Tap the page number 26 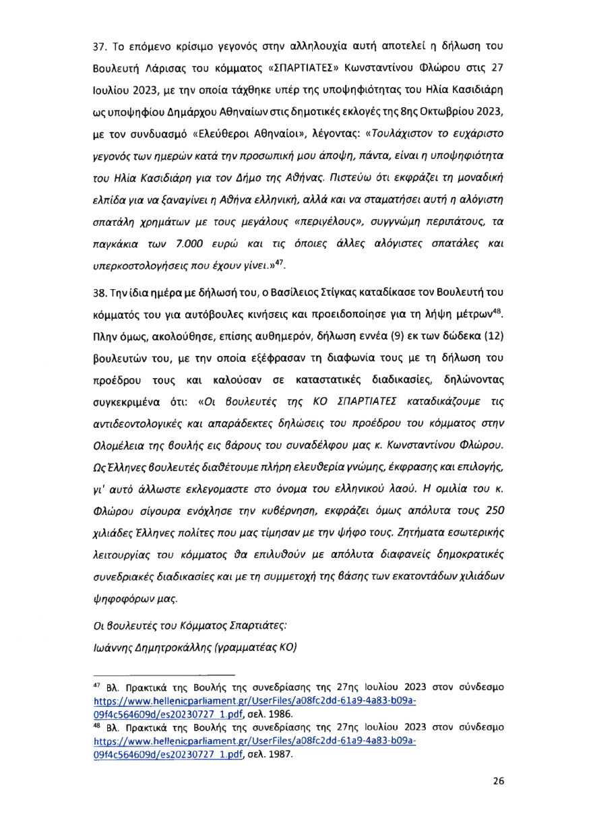pos(498,800)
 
